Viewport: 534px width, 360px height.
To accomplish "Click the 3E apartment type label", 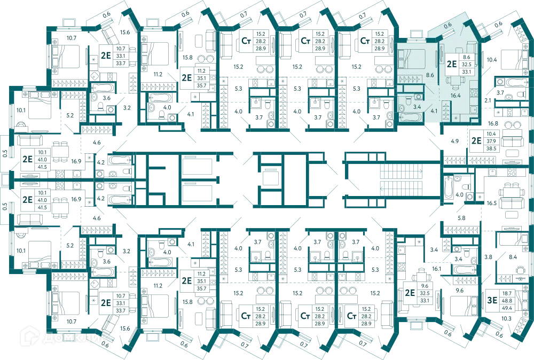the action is click(492, 300).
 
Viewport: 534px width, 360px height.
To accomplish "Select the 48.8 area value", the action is click(507, 300).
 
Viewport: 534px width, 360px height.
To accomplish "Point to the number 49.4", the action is click(507, 308).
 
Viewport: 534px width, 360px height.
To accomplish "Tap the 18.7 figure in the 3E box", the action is click(507, 293).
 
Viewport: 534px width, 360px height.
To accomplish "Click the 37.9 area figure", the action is click(491, 141).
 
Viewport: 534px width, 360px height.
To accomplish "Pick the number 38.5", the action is click(491, 148).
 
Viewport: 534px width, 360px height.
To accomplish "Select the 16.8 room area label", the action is click(493, 123).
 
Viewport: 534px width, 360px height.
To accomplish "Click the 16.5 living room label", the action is click(491, 203).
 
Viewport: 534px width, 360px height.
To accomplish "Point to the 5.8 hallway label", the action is click(461, 218).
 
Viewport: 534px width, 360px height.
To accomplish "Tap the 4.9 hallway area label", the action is click(454, 141).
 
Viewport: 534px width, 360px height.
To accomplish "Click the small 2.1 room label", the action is click(488, 100).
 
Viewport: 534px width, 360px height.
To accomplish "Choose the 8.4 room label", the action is click(513, 257).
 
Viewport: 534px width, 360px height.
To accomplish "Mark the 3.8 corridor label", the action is click(488, 257).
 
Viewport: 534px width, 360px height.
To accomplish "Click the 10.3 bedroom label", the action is click(506, 318).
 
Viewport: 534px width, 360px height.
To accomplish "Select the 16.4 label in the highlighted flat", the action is click(456, 96).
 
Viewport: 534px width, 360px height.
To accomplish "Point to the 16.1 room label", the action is click(436, 269).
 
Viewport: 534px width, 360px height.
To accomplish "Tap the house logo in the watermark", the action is click(29, 335).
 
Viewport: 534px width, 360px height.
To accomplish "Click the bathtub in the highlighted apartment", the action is click(411, 118).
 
